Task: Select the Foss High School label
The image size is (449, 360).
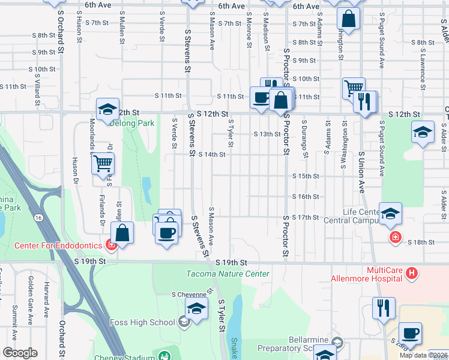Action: click(142, 322)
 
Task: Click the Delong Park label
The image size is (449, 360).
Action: click(133, 123)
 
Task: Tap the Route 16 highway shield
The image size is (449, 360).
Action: click(38, 217)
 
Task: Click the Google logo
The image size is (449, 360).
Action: click(20, 353)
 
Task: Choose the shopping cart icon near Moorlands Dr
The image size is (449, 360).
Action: click(103, 163)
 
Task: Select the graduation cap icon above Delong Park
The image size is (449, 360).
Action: click(107, 110)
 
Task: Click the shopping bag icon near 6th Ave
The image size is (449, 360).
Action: click(348, 19)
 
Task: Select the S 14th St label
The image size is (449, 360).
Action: click(211, 154)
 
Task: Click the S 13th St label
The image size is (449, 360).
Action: click(267, 134)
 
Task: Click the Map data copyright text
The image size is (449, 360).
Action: click(423, 355)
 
